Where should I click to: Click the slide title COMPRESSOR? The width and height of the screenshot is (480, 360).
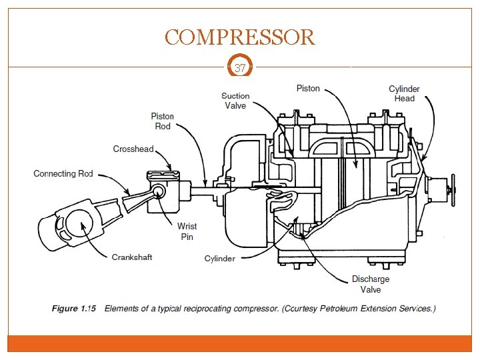240,37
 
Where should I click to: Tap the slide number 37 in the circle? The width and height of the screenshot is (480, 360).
240,67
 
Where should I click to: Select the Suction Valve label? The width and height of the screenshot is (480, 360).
235,101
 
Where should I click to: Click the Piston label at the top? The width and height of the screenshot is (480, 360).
308,88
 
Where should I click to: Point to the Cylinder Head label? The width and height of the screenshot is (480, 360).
404,93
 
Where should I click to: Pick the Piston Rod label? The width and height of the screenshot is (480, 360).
162,121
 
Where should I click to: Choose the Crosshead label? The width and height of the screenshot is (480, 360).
133,149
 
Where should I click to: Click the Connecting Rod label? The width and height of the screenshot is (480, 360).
63,174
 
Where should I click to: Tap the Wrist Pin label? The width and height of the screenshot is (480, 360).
187,231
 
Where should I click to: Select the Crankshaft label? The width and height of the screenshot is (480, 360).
132,257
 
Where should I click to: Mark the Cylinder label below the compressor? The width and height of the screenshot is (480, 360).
220,258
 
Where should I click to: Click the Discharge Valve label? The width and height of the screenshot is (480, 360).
371,285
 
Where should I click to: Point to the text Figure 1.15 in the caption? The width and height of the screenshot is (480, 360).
74,309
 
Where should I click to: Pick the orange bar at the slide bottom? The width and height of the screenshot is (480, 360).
240,343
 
